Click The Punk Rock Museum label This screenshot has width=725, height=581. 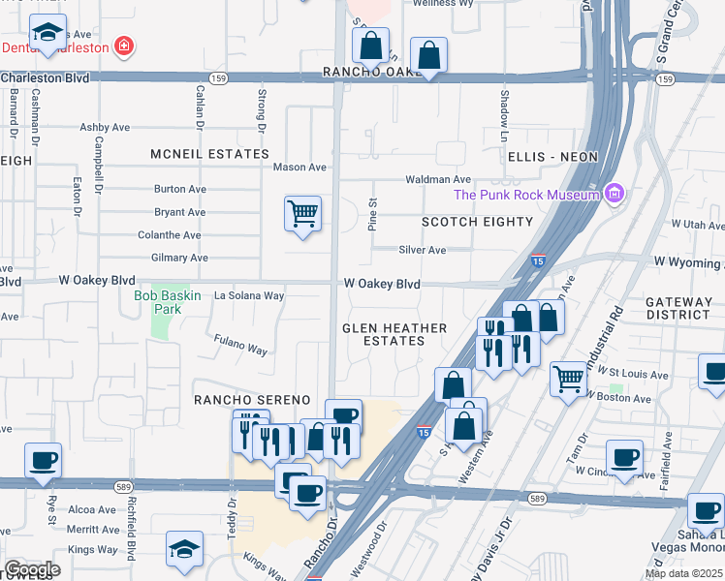point(527,195)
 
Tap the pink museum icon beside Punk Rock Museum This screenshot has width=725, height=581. point(613,195)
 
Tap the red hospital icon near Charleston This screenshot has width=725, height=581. point(123,46)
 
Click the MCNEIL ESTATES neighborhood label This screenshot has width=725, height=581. point(209,154)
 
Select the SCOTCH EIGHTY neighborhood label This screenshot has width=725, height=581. point(477,222)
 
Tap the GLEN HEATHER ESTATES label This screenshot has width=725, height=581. point(394,334)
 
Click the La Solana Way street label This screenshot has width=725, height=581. point(249,295)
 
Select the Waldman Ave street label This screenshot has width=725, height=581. point(438,179)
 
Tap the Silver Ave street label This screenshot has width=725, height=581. point(423,250)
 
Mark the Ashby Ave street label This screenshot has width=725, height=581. point(105,127)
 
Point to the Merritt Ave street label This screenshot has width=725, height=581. point(94,530)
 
